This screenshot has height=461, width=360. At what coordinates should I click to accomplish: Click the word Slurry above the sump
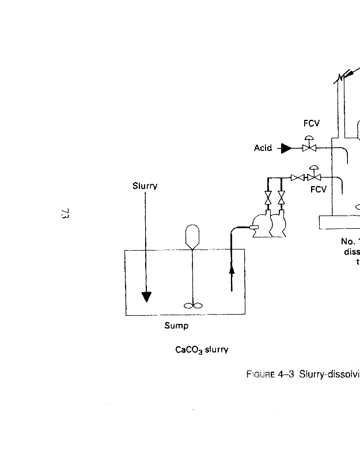(145, 186)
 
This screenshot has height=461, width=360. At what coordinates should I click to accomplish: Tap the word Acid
(263, 148)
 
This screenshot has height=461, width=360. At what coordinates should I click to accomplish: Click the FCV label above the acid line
(311, 123)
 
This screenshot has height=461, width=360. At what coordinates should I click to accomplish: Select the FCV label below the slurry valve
(318, 189)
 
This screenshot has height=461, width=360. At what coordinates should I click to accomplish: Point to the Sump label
(176, 326)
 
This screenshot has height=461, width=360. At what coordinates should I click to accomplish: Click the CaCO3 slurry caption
(202, 350)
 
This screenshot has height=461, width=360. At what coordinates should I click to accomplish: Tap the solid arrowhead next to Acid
(286, 149)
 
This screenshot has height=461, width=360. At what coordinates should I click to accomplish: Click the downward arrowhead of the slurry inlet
(147, 297)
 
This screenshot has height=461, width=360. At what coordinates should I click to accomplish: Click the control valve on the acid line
(309, 148)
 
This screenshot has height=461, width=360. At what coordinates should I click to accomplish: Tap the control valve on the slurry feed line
(314, 177)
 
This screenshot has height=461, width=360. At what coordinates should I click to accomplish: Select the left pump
(262, 226)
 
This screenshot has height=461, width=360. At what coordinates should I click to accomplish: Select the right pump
(279, 225)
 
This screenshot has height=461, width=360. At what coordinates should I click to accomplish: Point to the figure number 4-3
(286, 375)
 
